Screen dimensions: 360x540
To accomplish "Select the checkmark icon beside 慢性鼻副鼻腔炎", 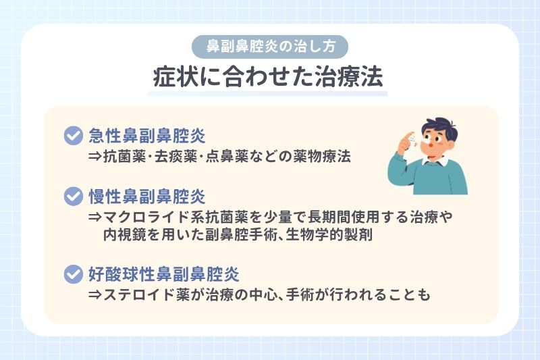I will [72, 197].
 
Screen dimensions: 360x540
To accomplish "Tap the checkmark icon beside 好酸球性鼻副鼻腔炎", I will [72, 275].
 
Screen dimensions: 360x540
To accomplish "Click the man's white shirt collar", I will [432, 161].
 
